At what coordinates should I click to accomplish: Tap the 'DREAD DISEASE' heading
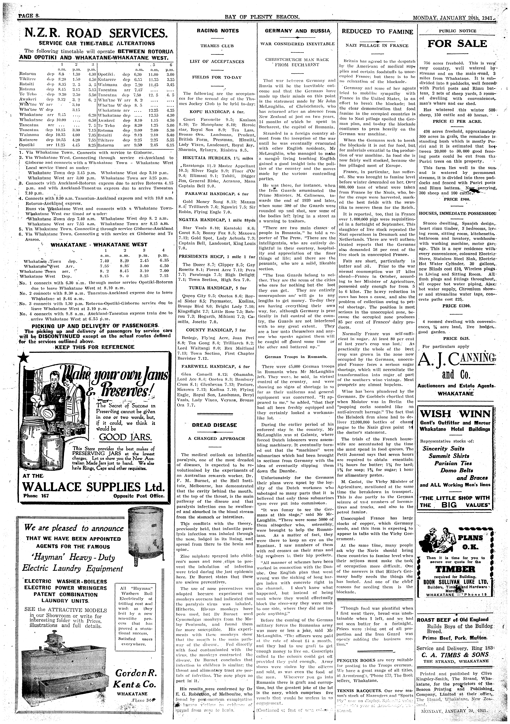click(214, 425)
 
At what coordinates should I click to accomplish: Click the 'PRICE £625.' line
click(456, 338)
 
